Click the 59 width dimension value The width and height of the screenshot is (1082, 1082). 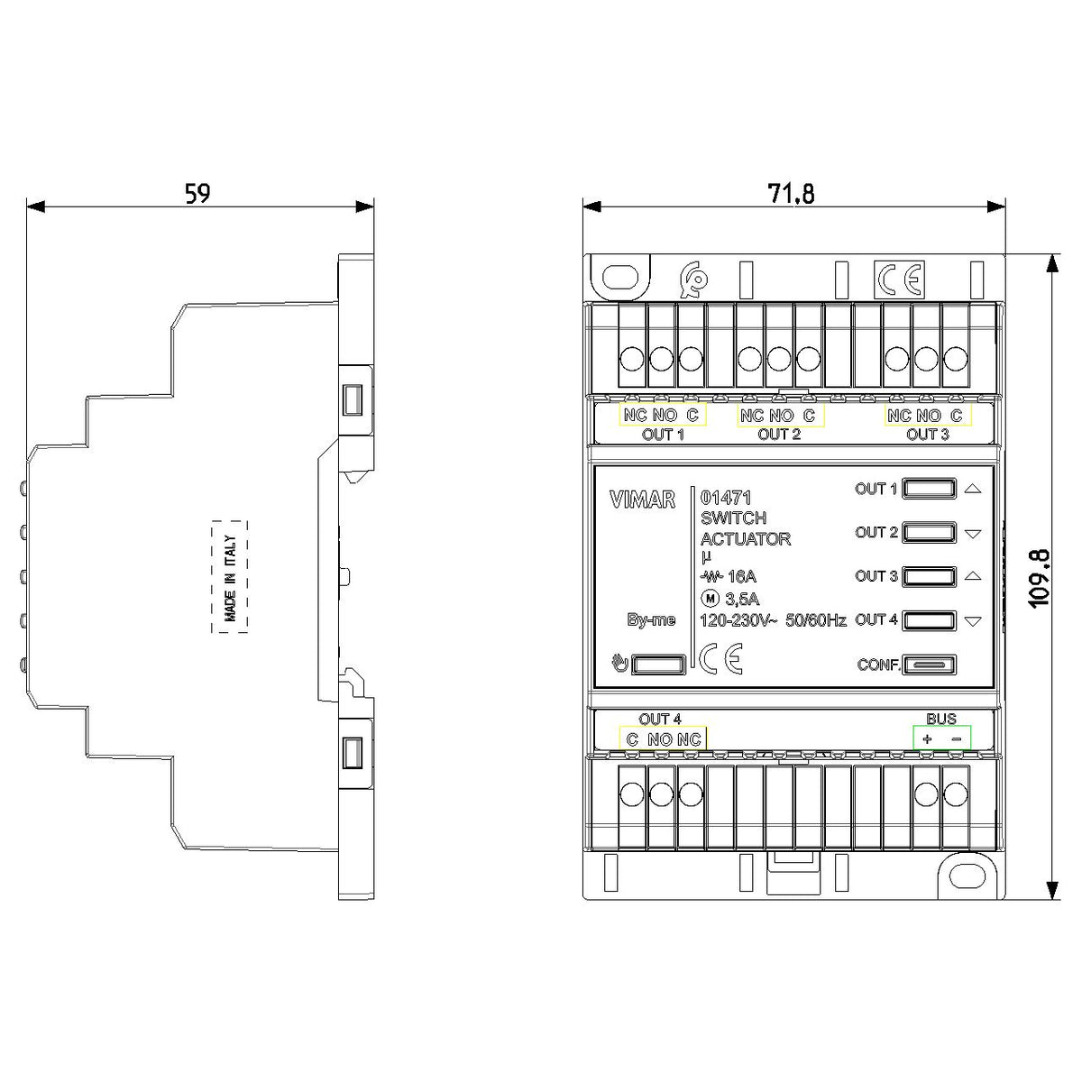197,193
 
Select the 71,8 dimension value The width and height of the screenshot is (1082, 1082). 791,194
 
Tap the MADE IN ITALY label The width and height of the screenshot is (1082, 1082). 230,578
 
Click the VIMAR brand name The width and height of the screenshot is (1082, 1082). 642,500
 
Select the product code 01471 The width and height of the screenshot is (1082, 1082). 726,498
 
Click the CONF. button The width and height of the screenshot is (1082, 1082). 929,665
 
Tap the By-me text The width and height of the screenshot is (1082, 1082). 651,619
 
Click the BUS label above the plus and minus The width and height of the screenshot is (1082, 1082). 941,719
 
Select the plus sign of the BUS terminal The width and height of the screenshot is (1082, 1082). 927,739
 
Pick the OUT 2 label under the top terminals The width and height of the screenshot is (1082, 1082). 779,434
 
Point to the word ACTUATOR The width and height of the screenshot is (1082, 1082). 745,539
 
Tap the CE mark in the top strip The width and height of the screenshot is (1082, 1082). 899,279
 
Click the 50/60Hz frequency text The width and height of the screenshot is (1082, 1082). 816,620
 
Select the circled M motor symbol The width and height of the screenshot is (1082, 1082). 711,599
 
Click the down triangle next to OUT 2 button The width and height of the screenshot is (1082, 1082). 973,534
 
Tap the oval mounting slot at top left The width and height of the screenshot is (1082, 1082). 620,278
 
